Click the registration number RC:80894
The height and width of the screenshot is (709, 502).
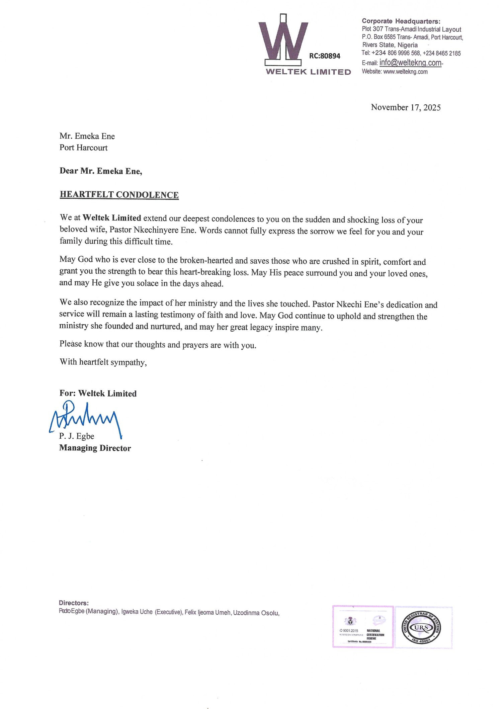point(324,56)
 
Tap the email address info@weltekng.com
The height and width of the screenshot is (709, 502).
point(410,63)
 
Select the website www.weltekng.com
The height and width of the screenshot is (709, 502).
point(405,72)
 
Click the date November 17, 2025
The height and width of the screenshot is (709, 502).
point(406,107)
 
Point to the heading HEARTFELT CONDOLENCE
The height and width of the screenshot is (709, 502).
point(119,195)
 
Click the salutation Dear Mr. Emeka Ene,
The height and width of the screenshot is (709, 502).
point(101,171)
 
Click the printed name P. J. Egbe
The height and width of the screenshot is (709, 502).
point(77,436)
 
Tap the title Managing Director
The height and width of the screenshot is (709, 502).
point(95,448)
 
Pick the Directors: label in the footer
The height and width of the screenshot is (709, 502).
point(74,603)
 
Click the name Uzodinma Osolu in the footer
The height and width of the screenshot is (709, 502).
point(256,613)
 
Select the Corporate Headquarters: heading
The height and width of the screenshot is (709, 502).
point(401,21)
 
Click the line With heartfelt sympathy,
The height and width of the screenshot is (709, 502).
point(103,362)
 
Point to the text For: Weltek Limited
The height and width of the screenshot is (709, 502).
point(98,393)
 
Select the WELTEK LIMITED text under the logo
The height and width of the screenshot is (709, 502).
point(308,72)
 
